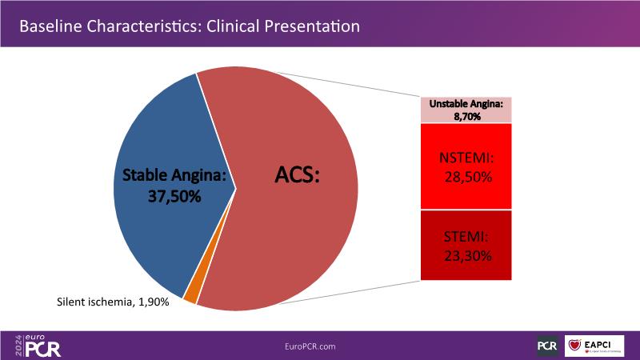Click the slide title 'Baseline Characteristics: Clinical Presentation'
pos(189,26)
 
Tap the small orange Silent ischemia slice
pos(190,294)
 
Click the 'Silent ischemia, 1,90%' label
pos(113,302)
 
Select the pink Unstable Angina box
pos(466,109)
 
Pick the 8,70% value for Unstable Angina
pos(466,116)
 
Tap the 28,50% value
pos(468,175)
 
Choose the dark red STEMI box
pos(466,245)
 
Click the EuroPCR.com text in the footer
pos(310,346)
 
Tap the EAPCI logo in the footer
pos(595,346)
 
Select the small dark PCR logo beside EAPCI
pos(548,346)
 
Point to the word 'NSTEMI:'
pos(466,158)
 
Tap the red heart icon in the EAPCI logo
pos(576,346)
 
